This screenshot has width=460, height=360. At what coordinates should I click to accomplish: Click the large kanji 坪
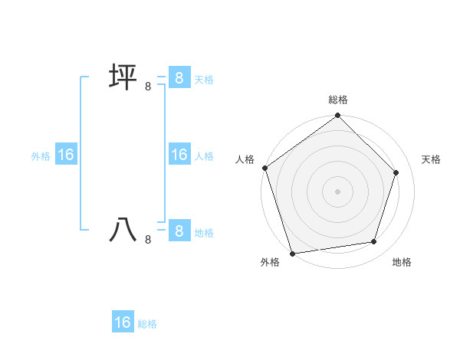pos(123,78)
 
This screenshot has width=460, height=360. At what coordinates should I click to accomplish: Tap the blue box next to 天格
pos(179,78)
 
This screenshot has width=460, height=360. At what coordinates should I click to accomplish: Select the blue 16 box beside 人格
pos(179,155)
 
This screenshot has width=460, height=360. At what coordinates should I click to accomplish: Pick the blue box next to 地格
pos(179,231)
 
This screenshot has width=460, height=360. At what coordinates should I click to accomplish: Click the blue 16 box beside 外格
pos(66,155)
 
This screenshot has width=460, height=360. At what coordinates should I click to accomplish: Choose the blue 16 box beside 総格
pos(123,322)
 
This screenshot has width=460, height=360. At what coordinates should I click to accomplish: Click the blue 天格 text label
pos(204,79)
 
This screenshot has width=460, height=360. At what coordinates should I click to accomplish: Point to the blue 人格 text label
pos(204,155)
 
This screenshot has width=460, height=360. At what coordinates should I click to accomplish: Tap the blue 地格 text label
pos(204,232)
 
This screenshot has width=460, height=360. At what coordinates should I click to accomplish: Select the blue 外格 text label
pos(41,155)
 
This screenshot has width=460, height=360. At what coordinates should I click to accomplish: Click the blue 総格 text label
pos(147,324)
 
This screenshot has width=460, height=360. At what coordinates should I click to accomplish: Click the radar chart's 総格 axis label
pos(338,100)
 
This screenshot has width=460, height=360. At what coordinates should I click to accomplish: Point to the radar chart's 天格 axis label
pos(431,159)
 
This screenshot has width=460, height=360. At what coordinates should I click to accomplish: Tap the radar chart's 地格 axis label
pos(402,262)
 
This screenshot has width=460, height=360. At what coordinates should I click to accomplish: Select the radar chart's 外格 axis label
pos(270,262)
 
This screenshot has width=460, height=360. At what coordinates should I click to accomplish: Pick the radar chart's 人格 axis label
pos(245,159)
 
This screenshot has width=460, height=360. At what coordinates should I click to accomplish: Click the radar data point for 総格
pos(338,116)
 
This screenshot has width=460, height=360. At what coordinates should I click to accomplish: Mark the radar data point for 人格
pos(265,168)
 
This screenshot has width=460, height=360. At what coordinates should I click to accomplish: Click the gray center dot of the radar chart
pos(338,191)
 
